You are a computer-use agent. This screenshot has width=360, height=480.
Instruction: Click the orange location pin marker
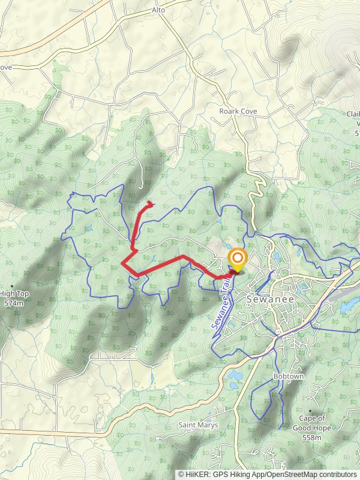(238, 260)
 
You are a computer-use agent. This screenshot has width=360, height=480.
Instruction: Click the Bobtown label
(289, 376)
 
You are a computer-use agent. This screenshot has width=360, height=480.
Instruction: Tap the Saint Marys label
(197, 425)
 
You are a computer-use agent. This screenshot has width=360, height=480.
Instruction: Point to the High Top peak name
(14, 293)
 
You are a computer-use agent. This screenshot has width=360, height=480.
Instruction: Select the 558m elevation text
(309, 437)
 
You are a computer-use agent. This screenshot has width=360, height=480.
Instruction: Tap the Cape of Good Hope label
(309, 423)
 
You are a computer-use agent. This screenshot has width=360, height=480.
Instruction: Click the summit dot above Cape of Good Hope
(310, 411)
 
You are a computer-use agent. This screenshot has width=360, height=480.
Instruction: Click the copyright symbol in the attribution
(182, 474)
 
